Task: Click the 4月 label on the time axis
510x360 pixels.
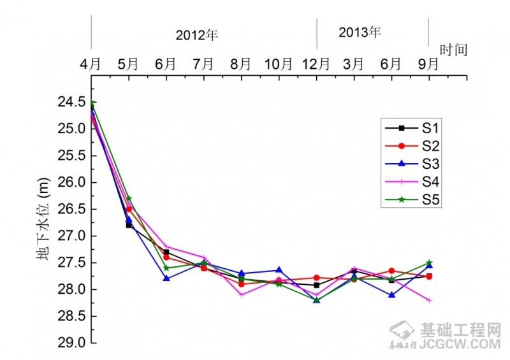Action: coord(91,64)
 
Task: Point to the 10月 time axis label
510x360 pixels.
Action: coord(279,64)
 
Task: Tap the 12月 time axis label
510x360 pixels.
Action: coord(316,64)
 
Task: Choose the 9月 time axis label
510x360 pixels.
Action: coord(428,64)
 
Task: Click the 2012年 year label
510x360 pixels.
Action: coord(197,36)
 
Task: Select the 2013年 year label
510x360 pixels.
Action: coord(360,32)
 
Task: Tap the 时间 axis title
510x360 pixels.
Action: coord(454,49)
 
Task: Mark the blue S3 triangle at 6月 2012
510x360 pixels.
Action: coord(166,278)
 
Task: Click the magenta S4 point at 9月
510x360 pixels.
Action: coord(429,300)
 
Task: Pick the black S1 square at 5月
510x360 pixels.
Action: coord(129,225)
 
